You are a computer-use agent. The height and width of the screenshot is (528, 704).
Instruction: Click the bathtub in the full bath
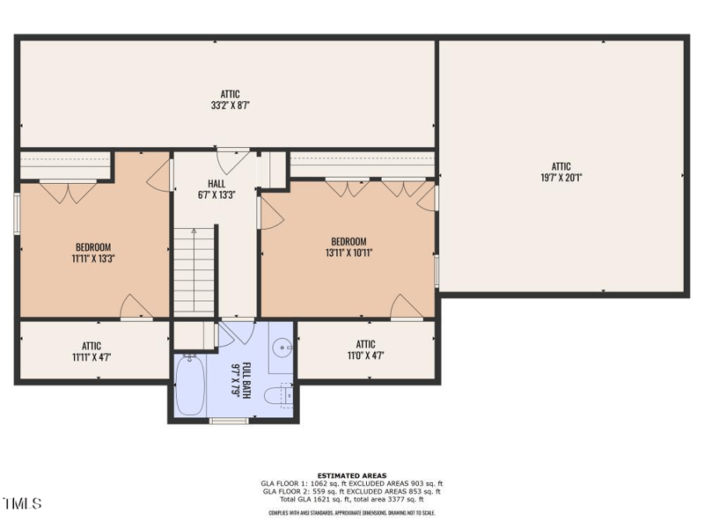point(189,385)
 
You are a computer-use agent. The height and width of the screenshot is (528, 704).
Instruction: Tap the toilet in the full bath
point(283,396)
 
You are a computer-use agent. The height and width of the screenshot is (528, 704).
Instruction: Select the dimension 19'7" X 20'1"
point(561,178)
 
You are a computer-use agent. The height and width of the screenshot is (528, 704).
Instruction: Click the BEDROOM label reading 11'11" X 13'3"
point(92,259)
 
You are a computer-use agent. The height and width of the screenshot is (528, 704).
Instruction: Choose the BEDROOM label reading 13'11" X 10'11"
point(348,253)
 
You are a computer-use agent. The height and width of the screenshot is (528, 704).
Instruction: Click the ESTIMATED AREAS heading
point(351,475)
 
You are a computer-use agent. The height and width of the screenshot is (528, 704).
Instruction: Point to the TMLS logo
point(23,503)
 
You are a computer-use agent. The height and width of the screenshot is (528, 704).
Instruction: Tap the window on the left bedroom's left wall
point(17,213)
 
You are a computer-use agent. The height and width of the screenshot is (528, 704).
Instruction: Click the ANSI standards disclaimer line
point(351,512)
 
